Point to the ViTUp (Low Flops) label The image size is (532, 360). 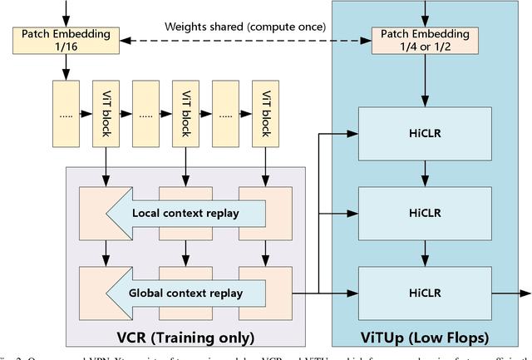pyautogui.click(x=424, y=338)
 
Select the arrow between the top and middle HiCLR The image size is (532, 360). pyautogui.click(x=424, y=172)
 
